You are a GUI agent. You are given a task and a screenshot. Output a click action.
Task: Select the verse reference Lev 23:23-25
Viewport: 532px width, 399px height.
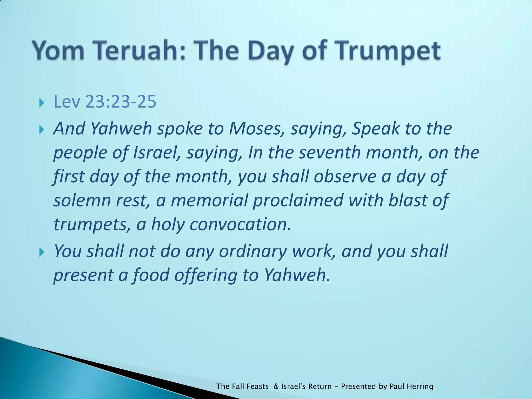(x=105, y=102)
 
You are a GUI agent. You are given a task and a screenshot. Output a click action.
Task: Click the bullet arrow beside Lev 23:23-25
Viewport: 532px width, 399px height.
(x=42, y=103)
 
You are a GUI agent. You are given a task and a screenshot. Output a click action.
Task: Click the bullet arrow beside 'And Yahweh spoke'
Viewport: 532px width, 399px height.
(x=42, y=129)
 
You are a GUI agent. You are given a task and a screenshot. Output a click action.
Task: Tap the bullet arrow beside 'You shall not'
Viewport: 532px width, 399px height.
(x=42, y=252)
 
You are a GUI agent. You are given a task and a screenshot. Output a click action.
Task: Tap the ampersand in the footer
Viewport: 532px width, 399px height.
(x=276, y=386)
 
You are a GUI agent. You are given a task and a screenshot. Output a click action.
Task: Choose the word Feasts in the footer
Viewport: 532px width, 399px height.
(x=257, y=386)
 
